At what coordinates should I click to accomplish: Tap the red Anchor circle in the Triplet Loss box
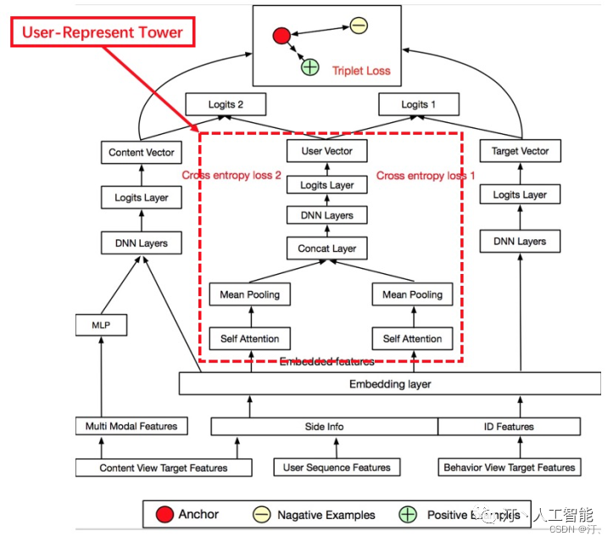[x=281, y=36]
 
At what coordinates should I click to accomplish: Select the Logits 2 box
[x=226, y=104]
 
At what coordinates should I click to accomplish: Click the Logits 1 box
[x=419, y=104]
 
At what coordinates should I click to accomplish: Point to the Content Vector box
[x=142, y=153]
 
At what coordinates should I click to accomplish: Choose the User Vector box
[x=326, y=152]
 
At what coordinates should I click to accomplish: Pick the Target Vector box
[x=520, y=151]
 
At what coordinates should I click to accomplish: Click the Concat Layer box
[x=327, y=249]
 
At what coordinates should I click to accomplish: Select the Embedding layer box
[x=390, y=384]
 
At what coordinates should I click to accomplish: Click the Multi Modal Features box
[x=131, y=426]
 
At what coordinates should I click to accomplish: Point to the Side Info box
[x=324, y=426]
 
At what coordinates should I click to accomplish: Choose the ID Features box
[x=509, y=426]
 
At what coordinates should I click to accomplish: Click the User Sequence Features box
[x=337, y=467]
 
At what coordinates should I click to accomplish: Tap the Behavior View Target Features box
[x=510, y=467]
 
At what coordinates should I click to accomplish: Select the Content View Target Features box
[x=164, y=467]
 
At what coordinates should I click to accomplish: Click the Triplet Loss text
[x=361, y=70]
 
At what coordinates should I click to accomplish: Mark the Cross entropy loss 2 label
[x=231, y=176]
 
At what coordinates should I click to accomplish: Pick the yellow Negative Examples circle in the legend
[x=263, y=514]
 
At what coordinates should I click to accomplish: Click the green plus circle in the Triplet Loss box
[x=310, y=66]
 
